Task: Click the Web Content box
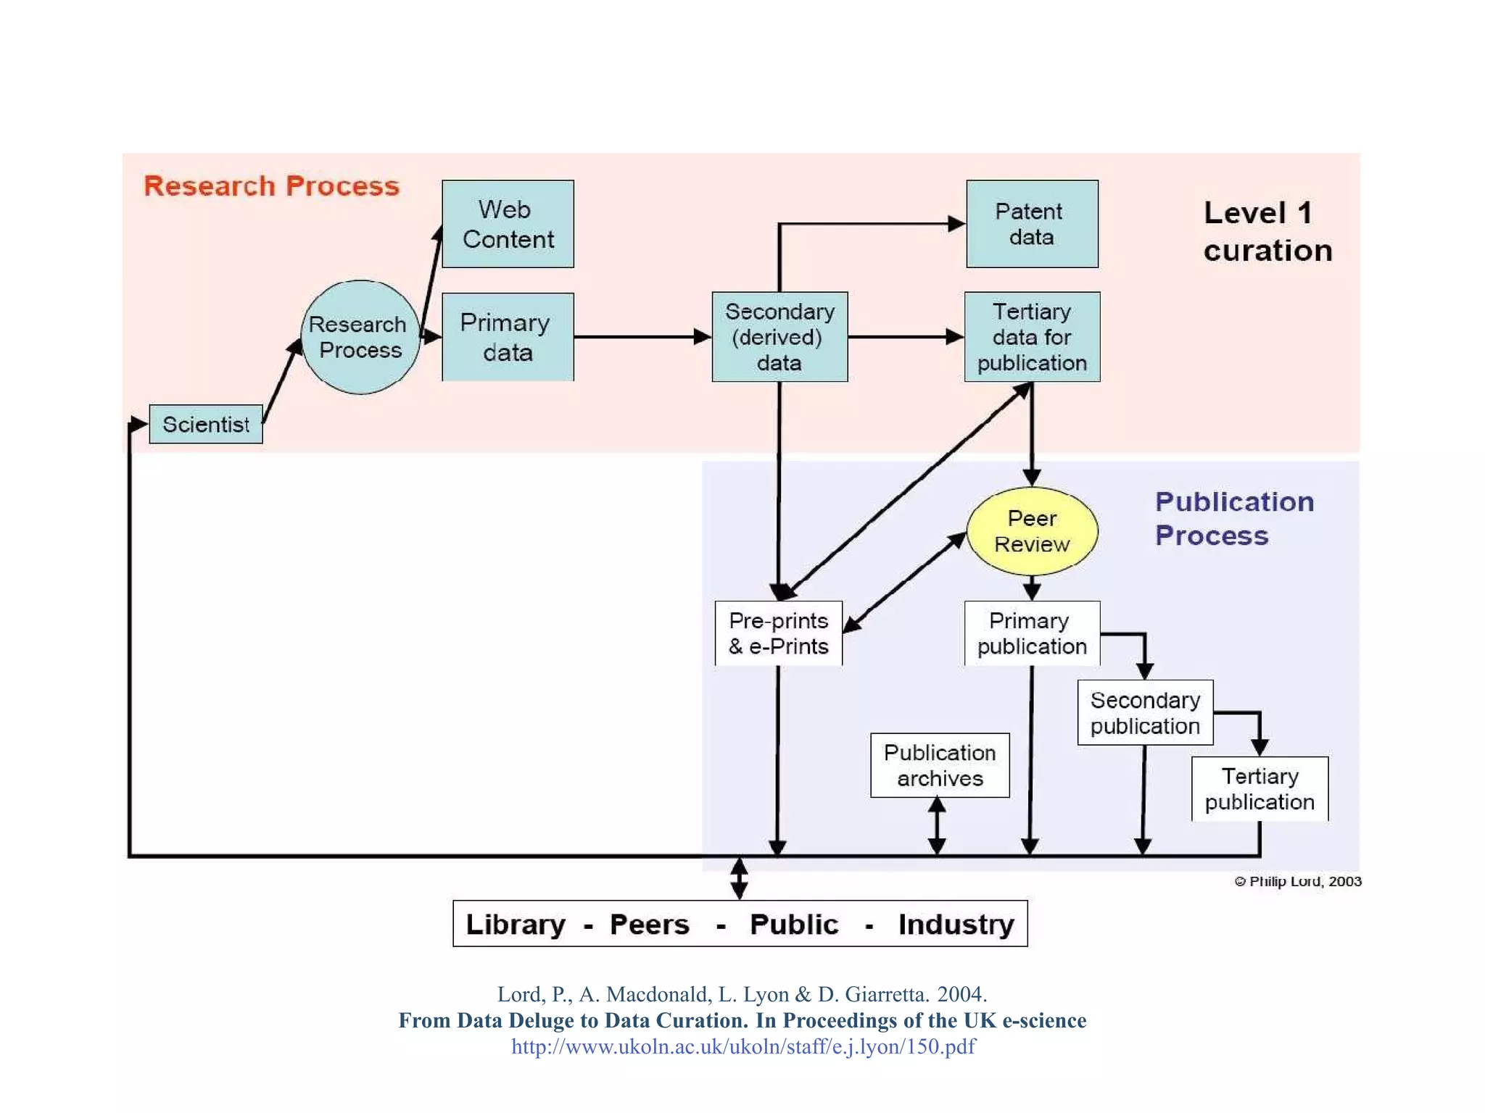click(x=508, y=224)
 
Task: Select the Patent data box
click(x=1031, y=224)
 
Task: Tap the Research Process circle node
click(x=360, y=337)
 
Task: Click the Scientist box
click(x=206, y=424)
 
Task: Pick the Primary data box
click(x=508, y=337)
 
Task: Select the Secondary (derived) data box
click(x=779, y=337)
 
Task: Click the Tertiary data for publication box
click(x=1032, y=337)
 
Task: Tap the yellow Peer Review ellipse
click(x=1032, y=531)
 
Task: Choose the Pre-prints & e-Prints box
click(x=779, y=633)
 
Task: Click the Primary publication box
click(x=1032, y=633)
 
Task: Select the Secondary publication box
click(x=1145, y=712)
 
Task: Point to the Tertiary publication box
click(x=1259, y=788)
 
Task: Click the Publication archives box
click(x=940, y=765)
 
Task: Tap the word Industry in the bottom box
click(x=956, y=925)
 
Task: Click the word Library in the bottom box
click(x=516, y=925)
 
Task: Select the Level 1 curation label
click(x=1267, y=231)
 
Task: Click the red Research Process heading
click(x=271, y=186)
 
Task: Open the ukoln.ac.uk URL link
click(x=743, y=1046)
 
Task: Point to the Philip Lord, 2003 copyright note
click(x=1298, y=881)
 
